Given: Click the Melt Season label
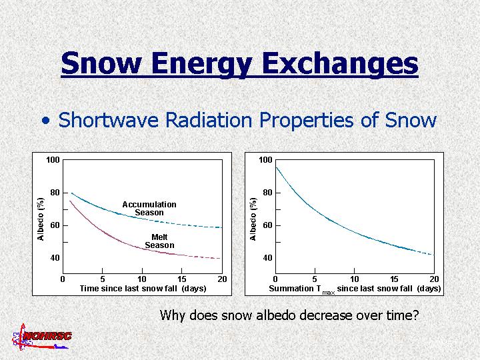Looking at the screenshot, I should coord(159,241).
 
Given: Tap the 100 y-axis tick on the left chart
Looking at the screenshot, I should coord(53,160).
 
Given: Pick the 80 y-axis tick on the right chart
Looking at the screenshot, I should coord(266,193).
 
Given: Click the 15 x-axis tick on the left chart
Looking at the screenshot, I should coord(182,279).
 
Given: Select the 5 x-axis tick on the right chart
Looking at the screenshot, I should coord(315,279).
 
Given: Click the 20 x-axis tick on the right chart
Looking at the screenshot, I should coord(434,279).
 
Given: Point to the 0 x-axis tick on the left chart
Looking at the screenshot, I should coord(63,279).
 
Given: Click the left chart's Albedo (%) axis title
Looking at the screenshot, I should coord(41,218).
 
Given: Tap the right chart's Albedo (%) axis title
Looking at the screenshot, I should coord(253,218).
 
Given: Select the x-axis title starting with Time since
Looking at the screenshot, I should coord(143,289).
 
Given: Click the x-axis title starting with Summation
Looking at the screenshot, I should coord(355,289).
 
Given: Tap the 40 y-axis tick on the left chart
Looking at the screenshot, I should coord(56,257).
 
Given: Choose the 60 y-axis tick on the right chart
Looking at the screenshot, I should coord(266,225).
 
